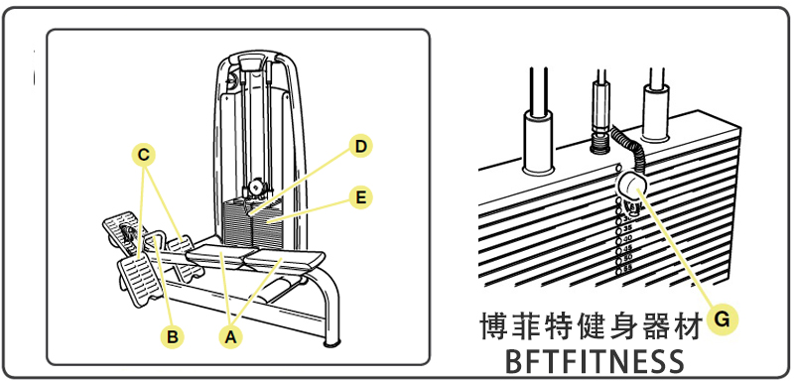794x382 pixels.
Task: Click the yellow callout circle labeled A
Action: click(230, 336)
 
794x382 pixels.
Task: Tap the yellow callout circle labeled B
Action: click(173, 336)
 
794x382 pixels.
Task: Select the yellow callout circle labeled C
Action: click(145, 155)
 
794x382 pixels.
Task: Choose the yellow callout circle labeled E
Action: click(360, 197)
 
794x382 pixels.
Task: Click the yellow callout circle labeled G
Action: click(723, 318)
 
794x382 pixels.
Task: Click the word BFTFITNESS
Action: click(595, 359)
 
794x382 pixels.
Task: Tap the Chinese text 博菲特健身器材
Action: click(595, 324)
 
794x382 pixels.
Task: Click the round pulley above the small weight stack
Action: click(257, 186)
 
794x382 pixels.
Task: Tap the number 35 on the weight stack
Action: click(627, 228)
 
